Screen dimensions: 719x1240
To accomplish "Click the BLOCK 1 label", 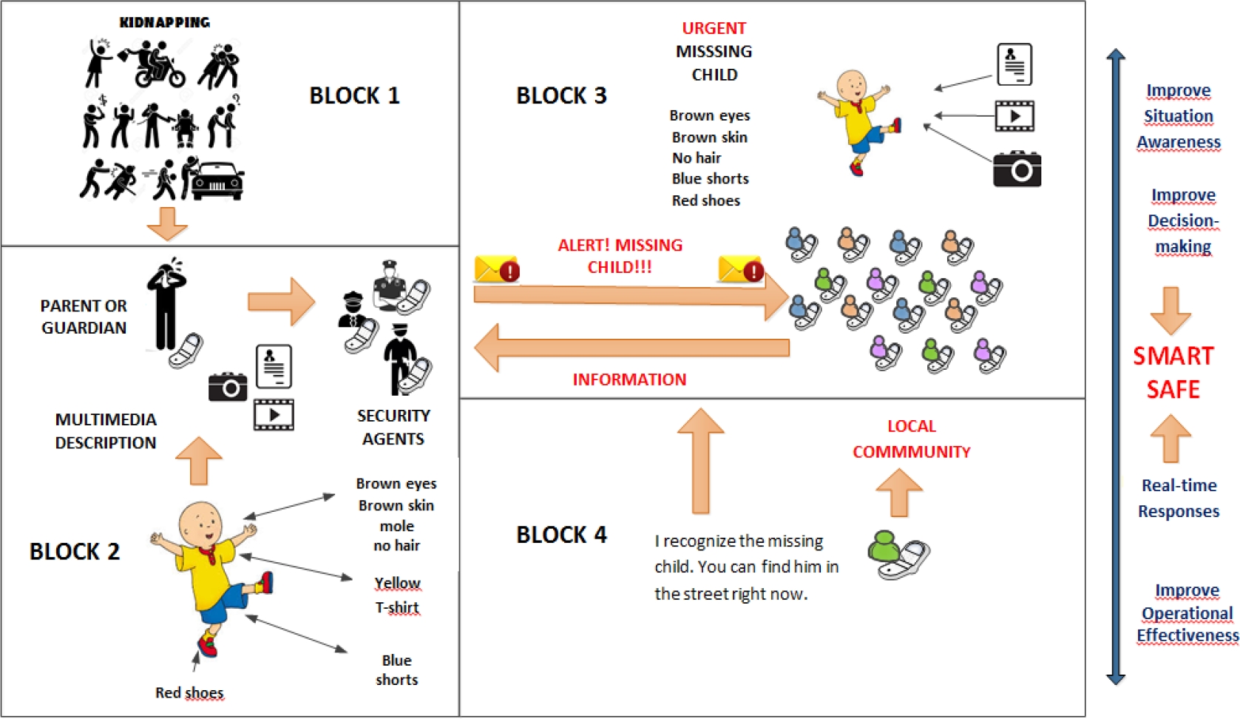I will pyautogui.click(x=354, y=95).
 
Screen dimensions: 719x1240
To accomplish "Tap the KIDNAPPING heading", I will pyautogui.click(x=164, y=22).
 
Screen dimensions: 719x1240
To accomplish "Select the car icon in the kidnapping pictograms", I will pyautogui.click(x=217, y=180).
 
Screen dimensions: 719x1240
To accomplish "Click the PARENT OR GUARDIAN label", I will pyautogui.click(x=84, y=317).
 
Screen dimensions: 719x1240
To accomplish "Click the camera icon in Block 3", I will pyautogui.click(x=1017, y=169).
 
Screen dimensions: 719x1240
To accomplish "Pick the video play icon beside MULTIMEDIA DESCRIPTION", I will pyautogui.click(x=274, y=414).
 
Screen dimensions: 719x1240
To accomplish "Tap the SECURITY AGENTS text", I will pyautogui.click(x=393, y=427).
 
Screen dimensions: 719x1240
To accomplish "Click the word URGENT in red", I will pyautogui.click(x=714, y=28).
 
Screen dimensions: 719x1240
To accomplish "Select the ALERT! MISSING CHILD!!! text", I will pyautogui.click(x=620, y=256).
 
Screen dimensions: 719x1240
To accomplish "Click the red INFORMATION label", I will pyautogui.click(x=629, y=379).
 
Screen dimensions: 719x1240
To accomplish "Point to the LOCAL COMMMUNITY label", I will pyautogui.click(x=911, y=439).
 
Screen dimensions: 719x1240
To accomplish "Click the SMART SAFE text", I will pyautogui.click(x=1173, y=372).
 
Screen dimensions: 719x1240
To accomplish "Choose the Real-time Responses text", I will pyautogui.click(x=1179, y=498).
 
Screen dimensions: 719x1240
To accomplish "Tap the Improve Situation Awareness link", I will pyautogui.click(x=1178, y=116).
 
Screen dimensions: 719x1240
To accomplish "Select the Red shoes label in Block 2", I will pyautogui.click(x=189, y=692).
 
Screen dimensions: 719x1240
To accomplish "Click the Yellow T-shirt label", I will pyautogui.click(x=397, y=595).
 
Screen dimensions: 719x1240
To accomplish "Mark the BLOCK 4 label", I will pyautogui.click(x=561, y=535).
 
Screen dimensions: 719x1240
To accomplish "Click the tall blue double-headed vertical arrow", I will pyautogui.click(x=1116, y=366).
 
